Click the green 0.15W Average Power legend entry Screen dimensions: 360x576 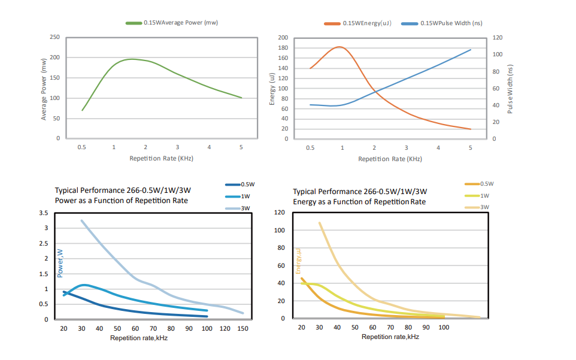click(172, 23)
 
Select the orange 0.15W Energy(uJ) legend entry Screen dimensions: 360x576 click(357, 23)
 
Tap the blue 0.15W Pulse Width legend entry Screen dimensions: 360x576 click(442, 23)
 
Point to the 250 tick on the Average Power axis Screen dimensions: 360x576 click(54, 37)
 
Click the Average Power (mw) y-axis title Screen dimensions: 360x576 click(44, 89)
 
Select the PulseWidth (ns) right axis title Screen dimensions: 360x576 click(511, 89)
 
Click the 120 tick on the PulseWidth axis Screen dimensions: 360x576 click(498, 37)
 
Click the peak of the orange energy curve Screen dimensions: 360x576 click(339, 47)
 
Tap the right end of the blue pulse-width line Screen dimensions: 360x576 click(471, 50)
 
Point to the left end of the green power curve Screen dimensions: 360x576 click(82, 110)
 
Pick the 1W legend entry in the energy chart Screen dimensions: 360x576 click(484, 195)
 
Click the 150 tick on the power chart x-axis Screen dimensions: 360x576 click(242, 328)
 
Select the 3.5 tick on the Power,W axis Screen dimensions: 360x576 click(43, 213)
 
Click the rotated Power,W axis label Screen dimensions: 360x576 click(60, 264)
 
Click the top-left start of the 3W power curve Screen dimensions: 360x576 click(81, 220)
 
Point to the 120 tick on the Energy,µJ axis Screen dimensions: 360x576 click(279, 213)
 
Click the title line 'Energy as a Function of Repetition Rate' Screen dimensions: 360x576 click(359, 202)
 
